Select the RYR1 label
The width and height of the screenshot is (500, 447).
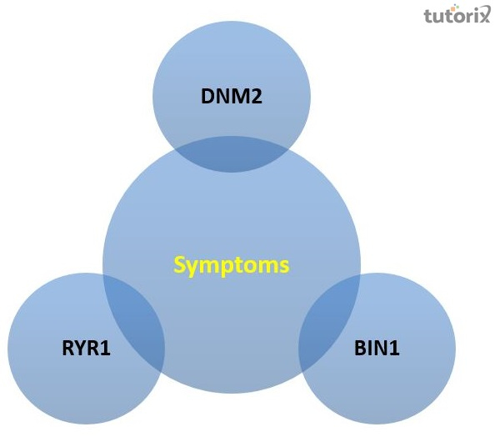pos(85,347)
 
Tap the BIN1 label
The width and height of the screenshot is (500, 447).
pos(377,347)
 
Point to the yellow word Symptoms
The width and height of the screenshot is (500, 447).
pos(232,265)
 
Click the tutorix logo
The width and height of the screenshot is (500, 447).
pos(455,17)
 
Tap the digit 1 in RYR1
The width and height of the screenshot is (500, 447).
pos(106,347)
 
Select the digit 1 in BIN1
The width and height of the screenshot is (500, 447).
pos(395,347)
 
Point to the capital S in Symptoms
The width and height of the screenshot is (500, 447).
pos(180,265)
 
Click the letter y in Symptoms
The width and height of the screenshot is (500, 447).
pos(192,268)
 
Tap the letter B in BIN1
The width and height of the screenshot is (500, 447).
pos(360,347)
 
